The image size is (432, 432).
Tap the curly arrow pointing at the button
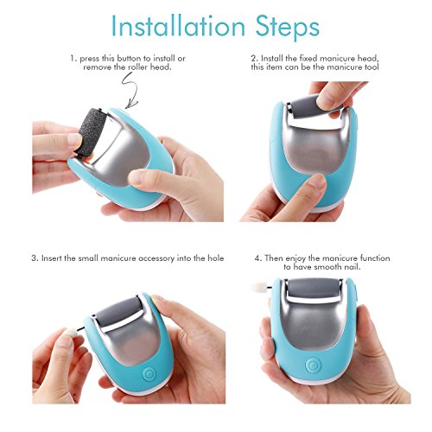point(130,90)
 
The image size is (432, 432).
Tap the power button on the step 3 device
point(149,374)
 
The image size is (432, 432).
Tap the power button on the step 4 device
point(313,365)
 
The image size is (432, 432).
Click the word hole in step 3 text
point(216,257)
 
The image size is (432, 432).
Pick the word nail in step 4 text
point(352,267)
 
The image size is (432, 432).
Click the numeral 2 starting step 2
point(253,59)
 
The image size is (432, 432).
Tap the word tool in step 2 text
point(372,67)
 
